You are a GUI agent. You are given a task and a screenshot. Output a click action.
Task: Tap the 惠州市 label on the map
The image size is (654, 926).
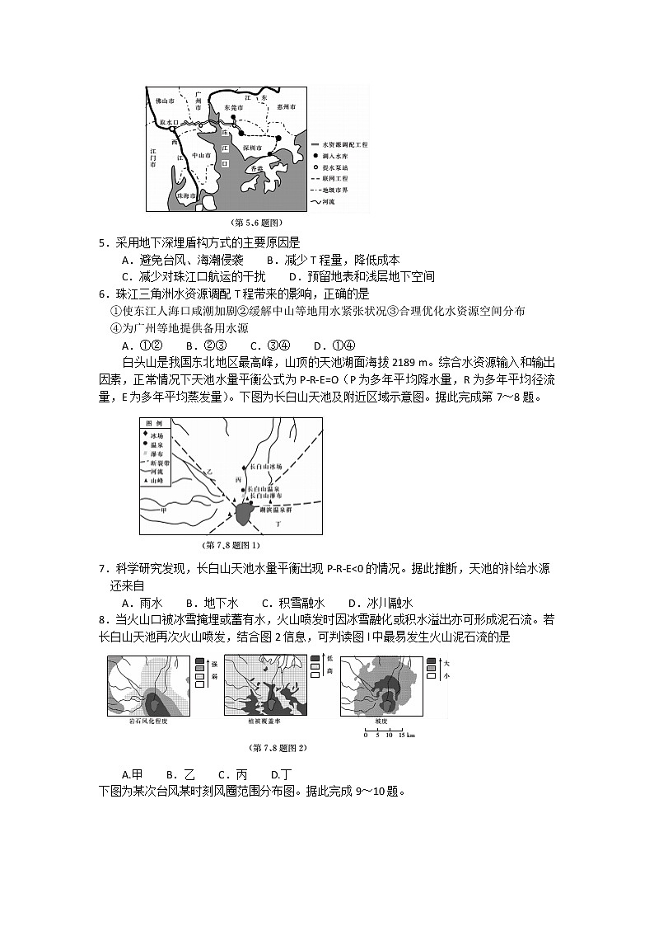pyautogui.click(x=287, y=107)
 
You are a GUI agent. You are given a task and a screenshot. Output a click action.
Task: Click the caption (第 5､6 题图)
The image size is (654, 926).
pyautogui.click(x=257, y=222)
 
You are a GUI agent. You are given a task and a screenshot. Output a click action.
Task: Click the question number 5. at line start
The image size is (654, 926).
pyautogui.click(x=103, y=242)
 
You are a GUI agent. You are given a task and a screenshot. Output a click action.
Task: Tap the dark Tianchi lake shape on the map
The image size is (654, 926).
pyautogui.click(x=244, y=514)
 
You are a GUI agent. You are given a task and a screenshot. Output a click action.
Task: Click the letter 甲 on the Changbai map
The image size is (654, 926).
pyautogui.click(x=163, y=510)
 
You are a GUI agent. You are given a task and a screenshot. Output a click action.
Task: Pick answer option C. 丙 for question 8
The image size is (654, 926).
pyautogui.click(x=232, y=774)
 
